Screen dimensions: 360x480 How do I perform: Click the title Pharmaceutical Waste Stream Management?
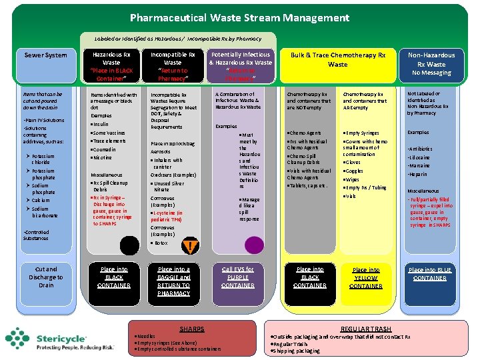tap(239, 17)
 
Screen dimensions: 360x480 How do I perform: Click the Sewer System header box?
tap(45, 55)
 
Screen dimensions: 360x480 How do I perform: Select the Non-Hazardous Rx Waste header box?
tap(431, 64)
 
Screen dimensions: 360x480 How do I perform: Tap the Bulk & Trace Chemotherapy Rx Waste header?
tap(337, 59)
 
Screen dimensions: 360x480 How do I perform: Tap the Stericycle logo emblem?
tap(21, 339)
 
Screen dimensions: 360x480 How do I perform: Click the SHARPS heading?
tap(192, 329)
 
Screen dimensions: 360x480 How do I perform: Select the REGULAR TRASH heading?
tap(366, 329)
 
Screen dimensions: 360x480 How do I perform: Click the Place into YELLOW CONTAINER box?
tap(365, 278)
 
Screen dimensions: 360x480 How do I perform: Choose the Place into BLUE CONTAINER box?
tap(430, 274)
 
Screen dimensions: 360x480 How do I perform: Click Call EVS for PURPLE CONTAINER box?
tap(238, 277)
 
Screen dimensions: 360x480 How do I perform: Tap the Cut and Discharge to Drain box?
tap(46, 277)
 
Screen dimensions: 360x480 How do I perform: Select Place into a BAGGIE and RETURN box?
tap(173, 281)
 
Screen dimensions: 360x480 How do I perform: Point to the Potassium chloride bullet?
tap(43, 159)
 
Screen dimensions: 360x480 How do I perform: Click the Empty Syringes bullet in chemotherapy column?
tap(364, 133)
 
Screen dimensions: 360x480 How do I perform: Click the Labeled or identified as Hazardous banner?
tap(173, 38)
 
